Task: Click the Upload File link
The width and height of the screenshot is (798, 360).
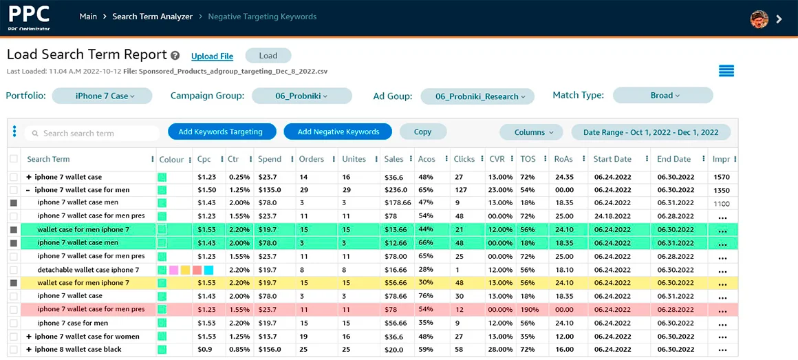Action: click(x=212, y=56)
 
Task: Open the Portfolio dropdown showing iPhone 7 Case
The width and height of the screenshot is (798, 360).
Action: click(x=102, y=96)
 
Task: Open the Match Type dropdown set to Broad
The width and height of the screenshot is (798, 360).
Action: click(x=662, y=96)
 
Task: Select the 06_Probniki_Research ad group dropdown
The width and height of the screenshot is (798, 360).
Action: click(x=477, y=96)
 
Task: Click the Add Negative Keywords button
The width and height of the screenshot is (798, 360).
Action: click(x=338, y=131)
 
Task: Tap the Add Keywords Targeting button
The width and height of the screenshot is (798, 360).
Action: click(x=220, y=131)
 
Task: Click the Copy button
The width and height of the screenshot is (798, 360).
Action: click(x=422, y=131)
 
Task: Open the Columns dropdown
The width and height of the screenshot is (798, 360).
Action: click(x=528, y=132)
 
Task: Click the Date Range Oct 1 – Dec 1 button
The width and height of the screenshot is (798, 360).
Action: click(x=650, y=132)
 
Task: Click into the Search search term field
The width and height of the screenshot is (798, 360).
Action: click(x=96, y=133)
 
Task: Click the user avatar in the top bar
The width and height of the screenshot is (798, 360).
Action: click(x=759, y=19)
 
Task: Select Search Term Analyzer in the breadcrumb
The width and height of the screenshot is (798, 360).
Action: click(x=152, y=17)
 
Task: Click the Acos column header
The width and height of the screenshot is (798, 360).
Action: click(x=427, y=159)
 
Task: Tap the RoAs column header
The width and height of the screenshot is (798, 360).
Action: click(x=563, y=159)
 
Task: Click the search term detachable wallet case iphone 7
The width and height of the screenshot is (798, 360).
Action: click(x=88, y=270)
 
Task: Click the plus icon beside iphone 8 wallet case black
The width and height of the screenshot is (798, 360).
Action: click(x=29, y=350)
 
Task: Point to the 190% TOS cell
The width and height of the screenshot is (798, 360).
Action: click(x=529, y=310)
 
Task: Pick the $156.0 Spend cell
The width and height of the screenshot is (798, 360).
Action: click(x=270, y=350)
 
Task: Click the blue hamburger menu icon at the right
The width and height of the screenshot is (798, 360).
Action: click(x=726, y=71)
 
